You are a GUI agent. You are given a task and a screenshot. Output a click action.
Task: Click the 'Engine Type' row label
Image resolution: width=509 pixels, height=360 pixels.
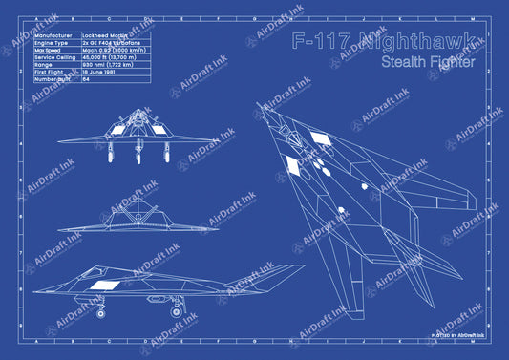click(x=52, y=43)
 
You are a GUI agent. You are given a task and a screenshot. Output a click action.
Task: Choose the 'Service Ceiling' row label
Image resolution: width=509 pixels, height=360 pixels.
click(x=55, y=58)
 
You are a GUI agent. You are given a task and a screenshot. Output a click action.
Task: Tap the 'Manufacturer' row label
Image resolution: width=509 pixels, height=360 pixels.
click(x=53, y=34)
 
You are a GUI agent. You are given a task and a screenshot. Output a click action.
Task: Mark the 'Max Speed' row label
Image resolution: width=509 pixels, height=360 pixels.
click(x=51, y=51)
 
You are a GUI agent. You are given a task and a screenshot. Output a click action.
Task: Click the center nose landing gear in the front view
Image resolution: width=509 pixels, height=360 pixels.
click(x=138, y=153)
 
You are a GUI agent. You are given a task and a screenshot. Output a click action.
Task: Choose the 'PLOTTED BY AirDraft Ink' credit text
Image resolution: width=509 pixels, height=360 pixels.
click(x=458, y=335)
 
